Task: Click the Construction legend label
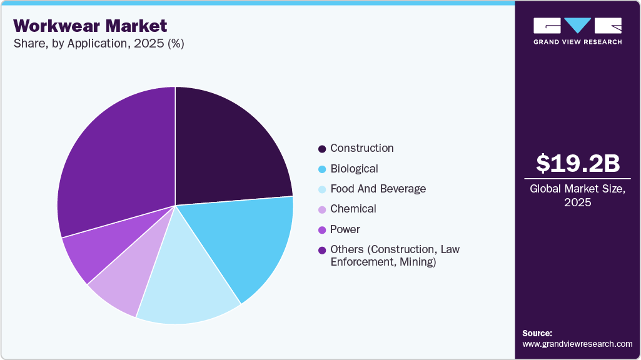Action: (361, 148)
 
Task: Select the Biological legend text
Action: (354, 169)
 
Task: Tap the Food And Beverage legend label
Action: (378, 189)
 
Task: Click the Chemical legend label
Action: (353, 209)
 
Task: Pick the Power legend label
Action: (345, 229)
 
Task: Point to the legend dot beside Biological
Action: (322, 169)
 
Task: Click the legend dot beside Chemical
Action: (322, 209)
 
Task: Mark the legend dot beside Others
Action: (322, 250)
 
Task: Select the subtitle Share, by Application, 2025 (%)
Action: (98, 44)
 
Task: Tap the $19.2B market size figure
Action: (577, 163)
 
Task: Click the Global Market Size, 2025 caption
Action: (577, 196)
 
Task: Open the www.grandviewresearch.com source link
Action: (577, 344)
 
